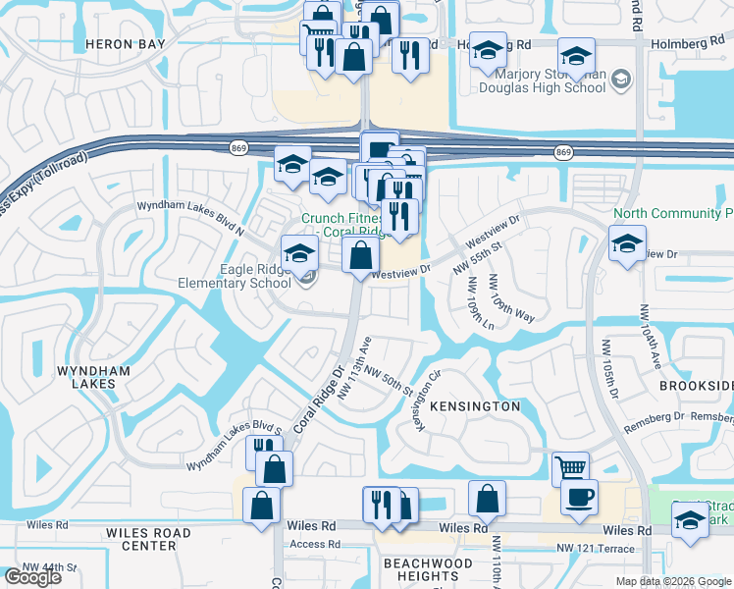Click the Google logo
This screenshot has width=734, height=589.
click(x=32, y=577)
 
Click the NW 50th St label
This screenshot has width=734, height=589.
click(x=389, y=380)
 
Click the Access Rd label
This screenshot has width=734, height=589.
click(x=315, y=544)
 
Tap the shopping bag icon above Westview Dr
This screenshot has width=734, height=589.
click(x=361, y=255)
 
